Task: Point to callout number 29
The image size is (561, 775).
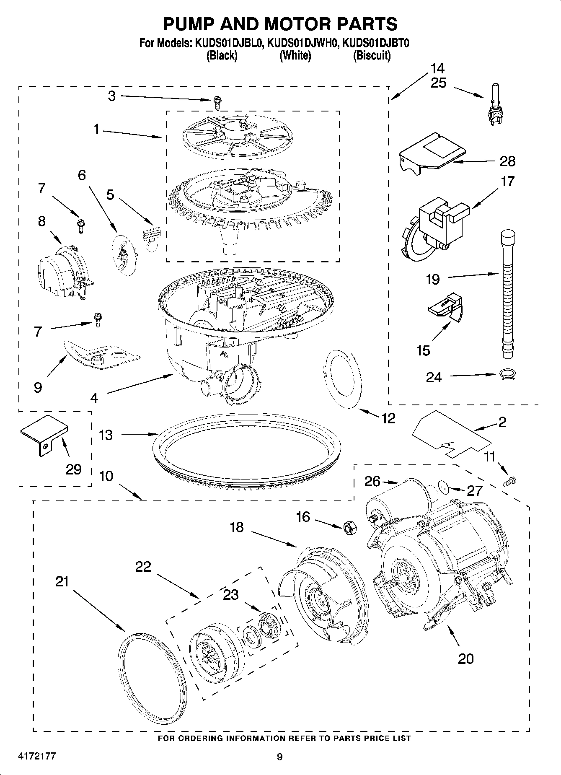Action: click(74, 469)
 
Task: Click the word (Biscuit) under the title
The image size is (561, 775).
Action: click(372, 55)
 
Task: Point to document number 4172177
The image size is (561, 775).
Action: click(37, 756)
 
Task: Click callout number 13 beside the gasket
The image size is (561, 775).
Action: click(106, 435)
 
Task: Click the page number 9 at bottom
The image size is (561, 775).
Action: click(280, 756)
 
